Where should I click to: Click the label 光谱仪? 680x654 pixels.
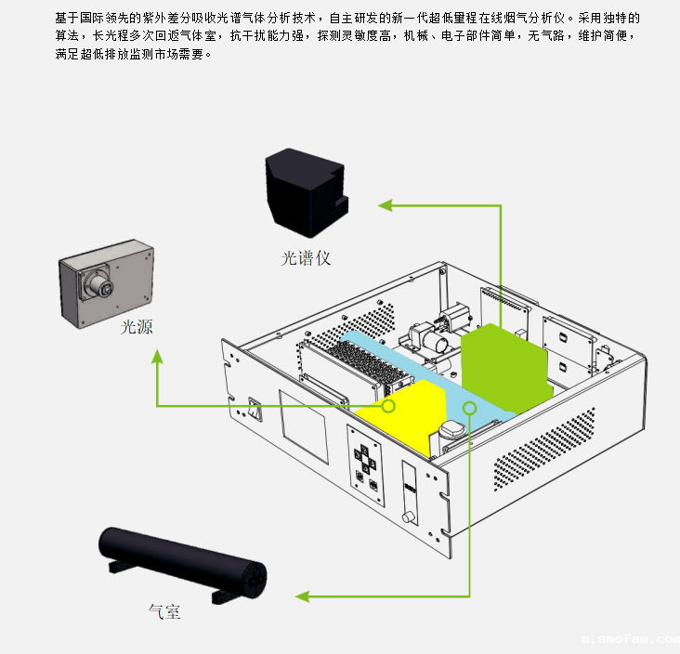[x=306, y=257]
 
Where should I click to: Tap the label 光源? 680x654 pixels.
[x=137, y=327]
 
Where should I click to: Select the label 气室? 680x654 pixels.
[x=164, y=611]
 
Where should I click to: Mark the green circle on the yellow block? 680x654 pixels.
[x=388, y=406]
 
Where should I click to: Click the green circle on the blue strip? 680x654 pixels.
[x=470, y=407]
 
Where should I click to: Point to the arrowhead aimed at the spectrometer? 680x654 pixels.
[x=383, y=204]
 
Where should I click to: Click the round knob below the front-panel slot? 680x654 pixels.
[x=406, y=516]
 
